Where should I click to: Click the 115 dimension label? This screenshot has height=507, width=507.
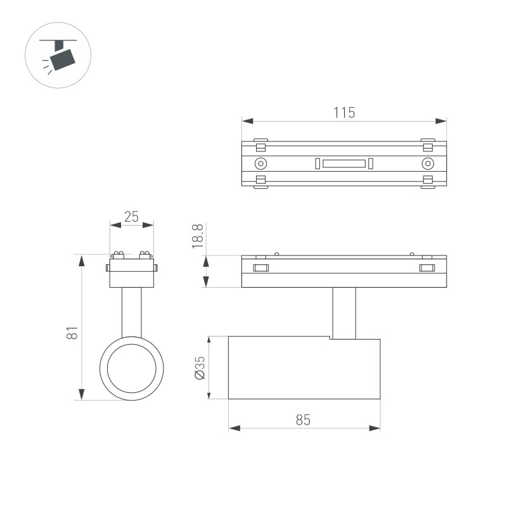[x=344, y=113]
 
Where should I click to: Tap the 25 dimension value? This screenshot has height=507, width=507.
[x=131, y=217]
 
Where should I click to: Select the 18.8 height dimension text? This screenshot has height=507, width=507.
[x=197, y=236]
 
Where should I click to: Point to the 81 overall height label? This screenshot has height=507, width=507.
[x=73, y=331]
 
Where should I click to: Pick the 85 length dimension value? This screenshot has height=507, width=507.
[x=303, y=420]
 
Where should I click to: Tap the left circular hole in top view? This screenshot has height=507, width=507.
[x=260, y=164]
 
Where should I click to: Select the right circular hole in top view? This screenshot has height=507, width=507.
[x=428, y=164]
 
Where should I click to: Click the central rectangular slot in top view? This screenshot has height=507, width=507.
[x=343, y=164]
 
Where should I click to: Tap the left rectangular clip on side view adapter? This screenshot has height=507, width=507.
[x=260, y=268]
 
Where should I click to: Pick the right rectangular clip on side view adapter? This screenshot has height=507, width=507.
[x=428, y=268]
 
